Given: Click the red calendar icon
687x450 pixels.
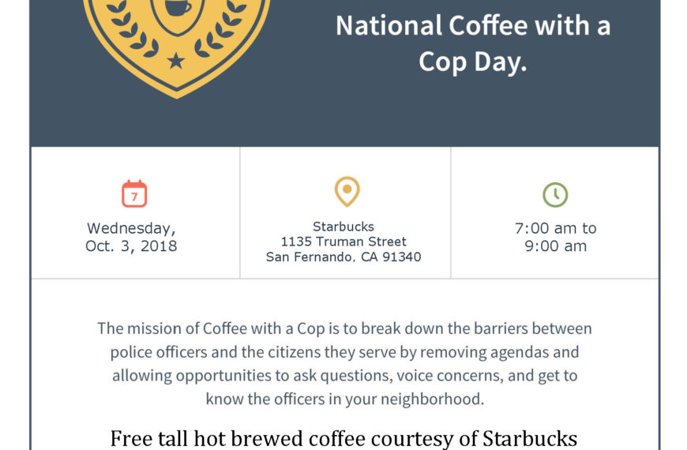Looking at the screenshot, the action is (x=134, y=193).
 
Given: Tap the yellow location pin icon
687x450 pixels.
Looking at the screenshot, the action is (x=347, y=192).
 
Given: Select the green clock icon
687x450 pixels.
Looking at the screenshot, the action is (x=555, y=194).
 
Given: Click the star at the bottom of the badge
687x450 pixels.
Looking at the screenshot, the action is (x=176, y=61).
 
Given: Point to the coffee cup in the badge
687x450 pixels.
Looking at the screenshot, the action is (x=178, y=7).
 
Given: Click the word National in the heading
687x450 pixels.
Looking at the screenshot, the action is (x=389, y=25).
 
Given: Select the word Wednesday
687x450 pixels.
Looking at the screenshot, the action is (x=131, y=228).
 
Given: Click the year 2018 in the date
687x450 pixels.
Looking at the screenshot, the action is (x=159, y=246).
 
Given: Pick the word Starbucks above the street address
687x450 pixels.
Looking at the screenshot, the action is (x=343, y=227).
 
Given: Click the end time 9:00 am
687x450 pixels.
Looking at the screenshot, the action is (x=556, y=246).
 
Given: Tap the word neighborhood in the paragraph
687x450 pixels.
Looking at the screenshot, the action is (x=432, y=399).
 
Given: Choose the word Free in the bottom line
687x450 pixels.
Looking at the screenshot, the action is (x=131, y=438).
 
